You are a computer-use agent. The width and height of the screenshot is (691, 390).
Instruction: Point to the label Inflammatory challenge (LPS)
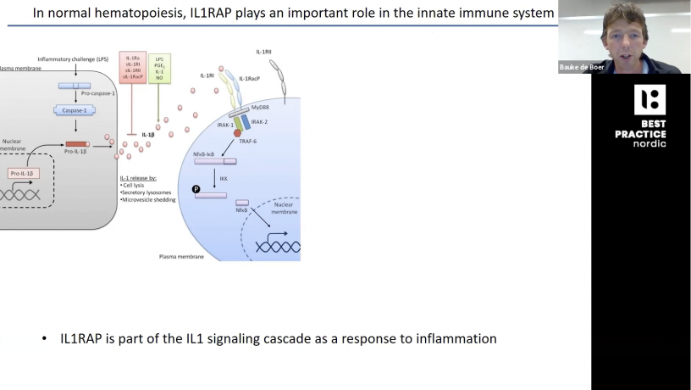pyautogui.click(x=71, y=59)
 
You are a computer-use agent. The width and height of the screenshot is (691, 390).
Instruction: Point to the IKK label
pyautogui.click(x=224, y=178)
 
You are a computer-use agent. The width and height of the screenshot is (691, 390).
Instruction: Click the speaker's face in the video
pyautogui.click(x=624, y=31)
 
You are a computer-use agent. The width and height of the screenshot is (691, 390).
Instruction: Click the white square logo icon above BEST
pyautogui.click(x=650, y=100)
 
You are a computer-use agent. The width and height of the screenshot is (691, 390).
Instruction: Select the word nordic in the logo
pyautogui.click(x=650, y=143)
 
